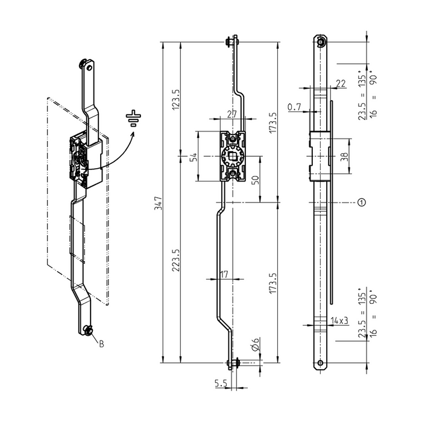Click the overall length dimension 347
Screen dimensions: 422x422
click(x=158, y=203)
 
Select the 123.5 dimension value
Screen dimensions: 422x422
click(x=176, y=99)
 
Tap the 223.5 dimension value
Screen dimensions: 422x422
click(x=176, y=260)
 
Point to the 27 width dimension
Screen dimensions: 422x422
click(x=231, y=114)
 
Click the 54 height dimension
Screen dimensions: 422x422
click(x=194, y=157)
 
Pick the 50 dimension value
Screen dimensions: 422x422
click(x=256, y=180)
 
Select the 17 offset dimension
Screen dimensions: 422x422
click(x=224, y=274)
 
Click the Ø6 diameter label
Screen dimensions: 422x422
click(x=256, y=344)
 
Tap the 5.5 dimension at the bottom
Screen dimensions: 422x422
click(x=221, y=383)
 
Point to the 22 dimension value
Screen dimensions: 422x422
click(x=341, y=83)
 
